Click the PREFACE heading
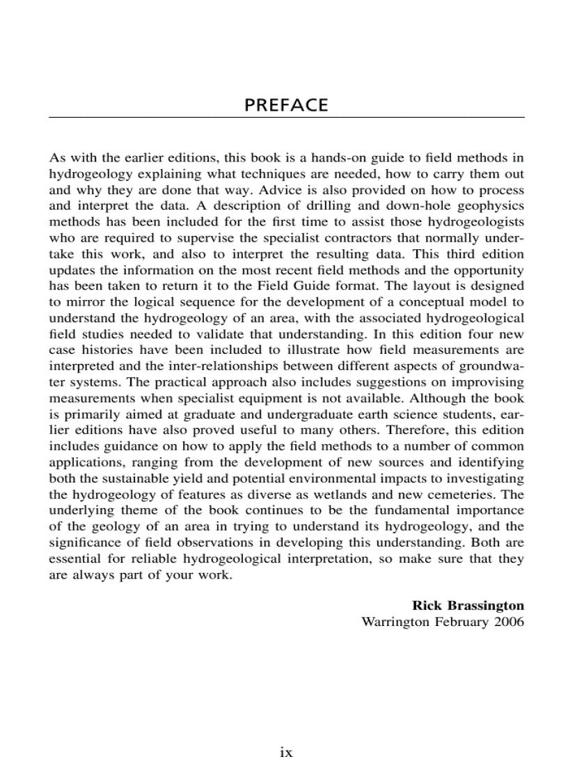point(286,105)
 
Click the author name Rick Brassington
point(468,606)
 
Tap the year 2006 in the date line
point(509,622)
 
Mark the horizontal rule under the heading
point(286,117)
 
